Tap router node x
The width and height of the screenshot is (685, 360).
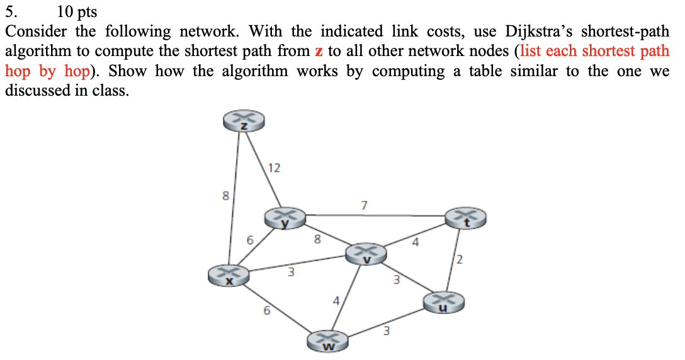[230, 276]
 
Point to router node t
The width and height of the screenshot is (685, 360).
[466, 218]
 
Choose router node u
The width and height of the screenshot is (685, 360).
[443, 302]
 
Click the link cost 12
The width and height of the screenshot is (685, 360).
[274, 167]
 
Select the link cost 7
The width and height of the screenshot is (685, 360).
[363, 205]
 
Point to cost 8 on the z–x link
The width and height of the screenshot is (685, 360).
[225, 196]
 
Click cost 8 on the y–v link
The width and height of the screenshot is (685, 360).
[317, 239]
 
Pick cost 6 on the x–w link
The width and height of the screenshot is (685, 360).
[266, 310]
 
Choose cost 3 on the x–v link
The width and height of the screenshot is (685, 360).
[291, 273]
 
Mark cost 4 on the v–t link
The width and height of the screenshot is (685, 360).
[415, 242]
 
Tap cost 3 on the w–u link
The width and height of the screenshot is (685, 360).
[387, 329]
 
